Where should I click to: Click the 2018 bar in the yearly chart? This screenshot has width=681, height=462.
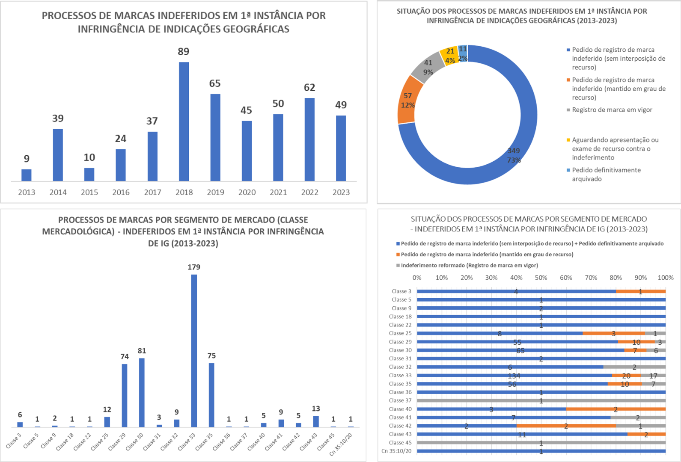[184, 121]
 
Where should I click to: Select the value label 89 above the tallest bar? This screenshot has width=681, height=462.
[183, 52]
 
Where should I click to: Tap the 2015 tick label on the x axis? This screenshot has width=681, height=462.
[89, 192]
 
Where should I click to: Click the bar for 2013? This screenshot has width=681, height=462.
[27, 175]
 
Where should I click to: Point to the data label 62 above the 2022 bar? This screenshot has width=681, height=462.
[309, 88]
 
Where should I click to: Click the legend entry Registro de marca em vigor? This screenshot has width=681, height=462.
[612, 110]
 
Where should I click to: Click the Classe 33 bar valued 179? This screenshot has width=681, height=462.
[194, 351]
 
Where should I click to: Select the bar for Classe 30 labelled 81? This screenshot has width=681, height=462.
[142, 392]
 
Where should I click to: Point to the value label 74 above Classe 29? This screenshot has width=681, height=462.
[125, 356]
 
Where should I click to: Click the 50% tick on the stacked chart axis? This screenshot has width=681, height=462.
[541, 278]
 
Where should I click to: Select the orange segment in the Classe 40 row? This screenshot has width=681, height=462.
[616, 409]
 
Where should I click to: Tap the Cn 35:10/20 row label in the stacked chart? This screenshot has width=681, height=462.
[396, 451]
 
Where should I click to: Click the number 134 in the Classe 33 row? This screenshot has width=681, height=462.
[514, 376]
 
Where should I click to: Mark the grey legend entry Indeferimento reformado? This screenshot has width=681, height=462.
[469, 265]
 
